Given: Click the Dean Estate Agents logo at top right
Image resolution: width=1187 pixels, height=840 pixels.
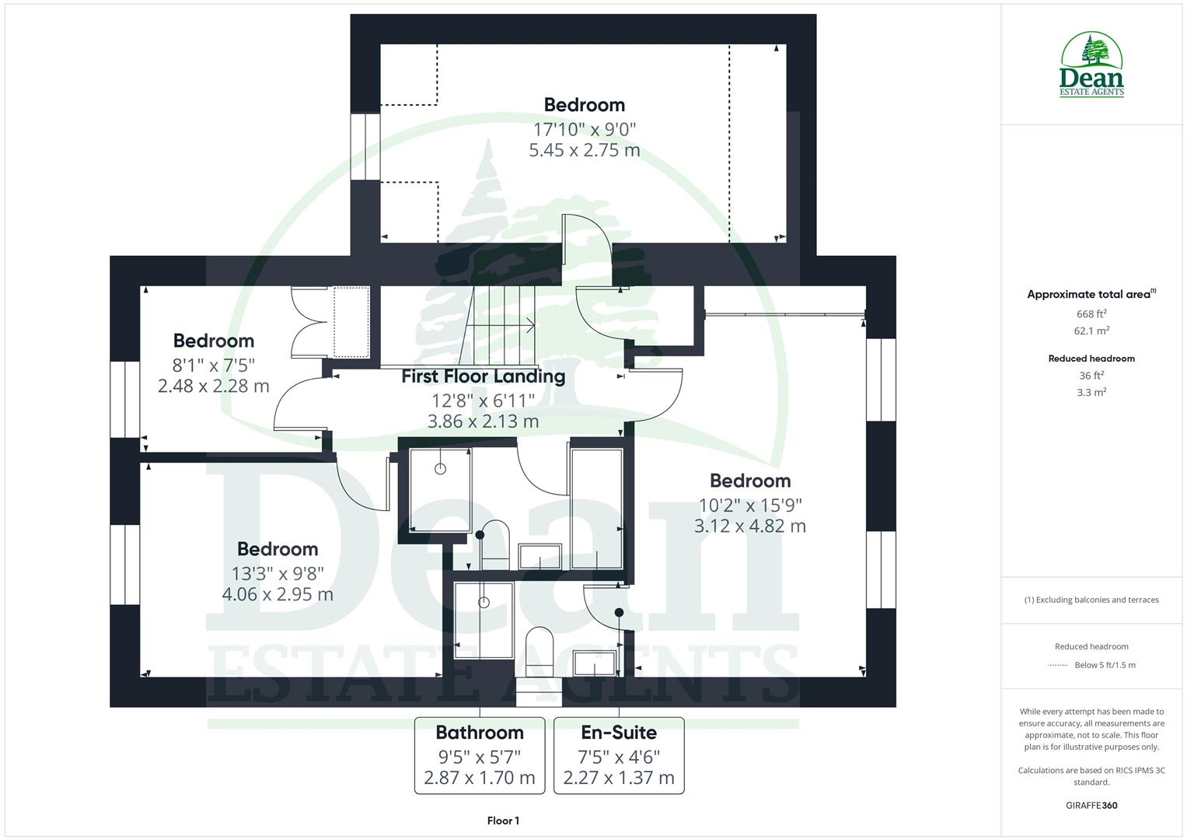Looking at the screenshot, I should [x=1091, y=65].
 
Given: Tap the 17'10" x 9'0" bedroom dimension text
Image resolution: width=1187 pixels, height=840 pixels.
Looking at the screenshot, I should [x=584, y=129].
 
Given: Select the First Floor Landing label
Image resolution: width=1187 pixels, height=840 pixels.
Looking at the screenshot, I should [x=483, y=376].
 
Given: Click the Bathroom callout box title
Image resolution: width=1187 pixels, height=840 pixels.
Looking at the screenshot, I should [x=480, y=733].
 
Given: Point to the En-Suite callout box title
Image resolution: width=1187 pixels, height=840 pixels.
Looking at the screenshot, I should [x=619, y=733].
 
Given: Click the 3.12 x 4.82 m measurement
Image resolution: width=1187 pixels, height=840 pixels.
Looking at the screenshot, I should [x=749, y=526].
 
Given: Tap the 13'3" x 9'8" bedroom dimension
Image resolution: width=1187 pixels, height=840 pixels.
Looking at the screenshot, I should [x=278, y=573].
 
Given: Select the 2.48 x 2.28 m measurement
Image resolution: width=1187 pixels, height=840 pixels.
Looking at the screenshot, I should [x=213, y=386].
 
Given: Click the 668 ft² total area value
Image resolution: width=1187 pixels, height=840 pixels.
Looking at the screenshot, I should [x=1091, y=314].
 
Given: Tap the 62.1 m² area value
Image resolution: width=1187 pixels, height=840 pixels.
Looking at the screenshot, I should [x=1091, y=331].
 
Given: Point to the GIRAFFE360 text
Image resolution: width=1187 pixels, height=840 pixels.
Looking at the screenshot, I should [x=1091, y=805].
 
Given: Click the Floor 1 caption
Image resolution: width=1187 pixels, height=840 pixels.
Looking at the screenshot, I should [x=503, y=821].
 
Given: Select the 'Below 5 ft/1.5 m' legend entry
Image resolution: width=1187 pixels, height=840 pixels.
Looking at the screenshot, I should [x=1104, y=665].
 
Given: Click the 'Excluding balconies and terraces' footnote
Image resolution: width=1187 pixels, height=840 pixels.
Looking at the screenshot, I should [x=1091, y=600].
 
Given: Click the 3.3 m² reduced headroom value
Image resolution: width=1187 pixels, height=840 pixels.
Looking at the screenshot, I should [x=1091, y=393].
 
